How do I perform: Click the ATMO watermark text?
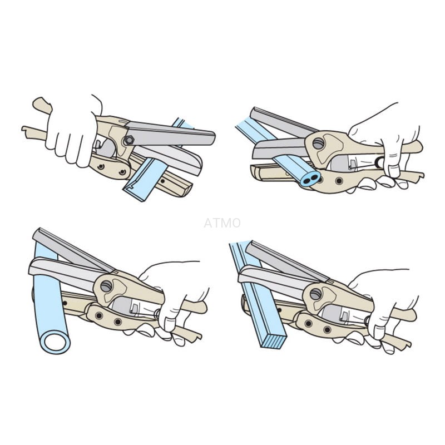point(222,223)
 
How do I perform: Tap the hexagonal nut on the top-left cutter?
point(129,140)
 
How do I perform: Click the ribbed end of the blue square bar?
point(273,341)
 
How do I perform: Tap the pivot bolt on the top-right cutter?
point(318,144)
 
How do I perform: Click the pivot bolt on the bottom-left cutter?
point(106,286)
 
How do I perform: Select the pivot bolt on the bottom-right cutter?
point(315,294)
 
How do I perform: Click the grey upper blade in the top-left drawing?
point(170,133)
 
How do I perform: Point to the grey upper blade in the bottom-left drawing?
point(72,250)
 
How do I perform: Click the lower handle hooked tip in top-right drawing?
point(418,175)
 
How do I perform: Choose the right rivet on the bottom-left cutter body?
point(118,322)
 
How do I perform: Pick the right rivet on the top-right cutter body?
point(339,181)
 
